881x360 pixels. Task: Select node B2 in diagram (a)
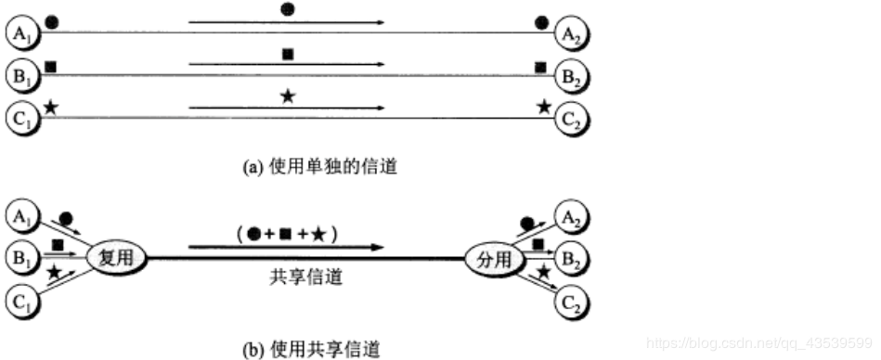pos(573,75)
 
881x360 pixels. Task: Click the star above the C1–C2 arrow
pos(288,96)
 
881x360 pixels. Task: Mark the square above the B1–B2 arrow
pos(288,55)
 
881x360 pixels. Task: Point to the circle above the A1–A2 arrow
pos(288,11)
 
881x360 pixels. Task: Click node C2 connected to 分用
pos(573,300)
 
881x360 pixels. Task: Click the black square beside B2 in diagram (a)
pos(541,66)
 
